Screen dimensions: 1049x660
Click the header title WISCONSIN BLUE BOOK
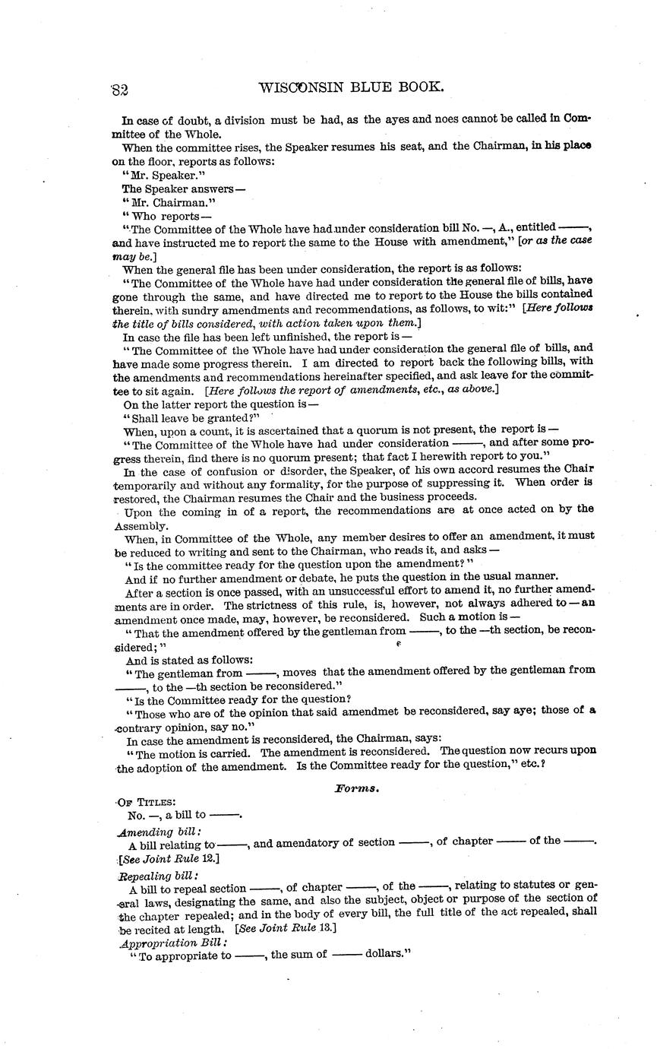350,87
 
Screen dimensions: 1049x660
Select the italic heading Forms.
357,789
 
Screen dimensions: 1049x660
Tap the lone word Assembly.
141,525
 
